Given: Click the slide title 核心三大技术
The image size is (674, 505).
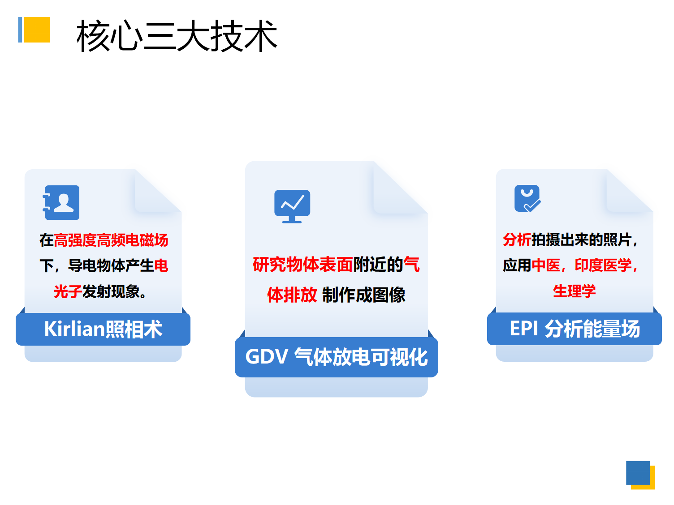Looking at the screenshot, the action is [177, 36].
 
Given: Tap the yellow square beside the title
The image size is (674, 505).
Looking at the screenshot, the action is [37, 30].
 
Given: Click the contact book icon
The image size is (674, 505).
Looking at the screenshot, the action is [61, 202].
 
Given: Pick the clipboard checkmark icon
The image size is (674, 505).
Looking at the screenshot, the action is [527, 198].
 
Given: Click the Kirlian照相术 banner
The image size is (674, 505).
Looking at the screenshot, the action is [103, 329].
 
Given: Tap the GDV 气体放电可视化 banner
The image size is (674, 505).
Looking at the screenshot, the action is [336, 357].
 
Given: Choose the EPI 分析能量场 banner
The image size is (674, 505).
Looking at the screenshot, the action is [575, 329].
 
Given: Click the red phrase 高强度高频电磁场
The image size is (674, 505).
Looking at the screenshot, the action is [111, 240].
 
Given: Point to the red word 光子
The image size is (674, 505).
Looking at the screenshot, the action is [68, 291].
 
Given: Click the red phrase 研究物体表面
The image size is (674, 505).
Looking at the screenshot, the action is [303, 265].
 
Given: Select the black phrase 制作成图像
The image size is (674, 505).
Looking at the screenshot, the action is [363, 295].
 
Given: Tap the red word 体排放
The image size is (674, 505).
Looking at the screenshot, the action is [292, 295].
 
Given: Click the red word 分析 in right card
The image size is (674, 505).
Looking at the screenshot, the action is [517, 240].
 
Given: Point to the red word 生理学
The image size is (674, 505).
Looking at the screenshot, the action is [575, 291].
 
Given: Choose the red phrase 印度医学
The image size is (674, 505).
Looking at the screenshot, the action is [603, 265].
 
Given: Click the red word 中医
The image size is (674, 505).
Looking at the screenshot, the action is [546, 265].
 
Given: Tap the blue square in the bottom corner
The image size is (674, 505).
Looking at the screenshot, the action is [638, 472].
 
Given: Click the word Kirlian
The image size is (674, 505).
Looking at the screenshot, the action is [74, 329].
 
